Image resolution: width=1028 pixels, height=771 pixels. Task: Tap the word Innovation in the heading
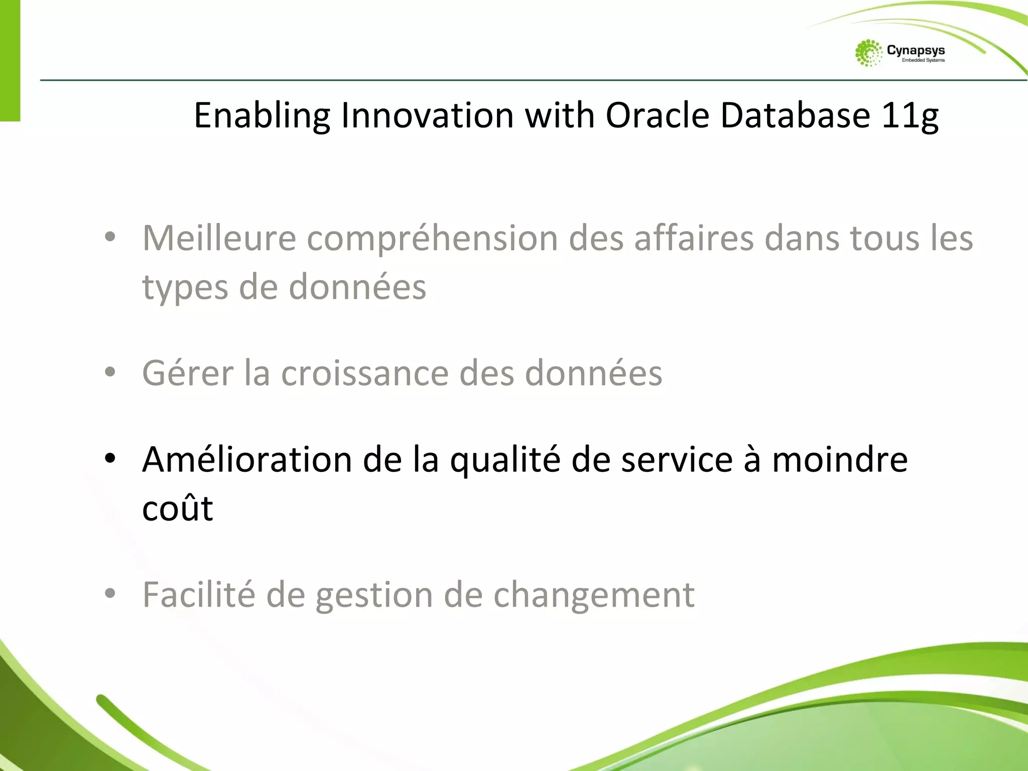tap(427, 115)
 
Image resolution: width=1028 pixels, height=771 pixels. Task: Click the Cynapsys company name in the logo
tap(916, 50)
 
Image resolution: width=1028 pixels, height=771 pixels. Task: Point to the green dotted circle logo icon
tap(868, 53)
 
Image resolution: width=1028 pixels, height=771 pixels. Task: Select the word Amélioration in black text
tap(247, 459)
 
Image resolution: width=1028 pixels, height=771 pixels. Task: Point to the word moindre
tap(840, 459)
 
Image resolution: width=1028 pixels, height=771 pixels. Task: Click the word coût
tap(177, 508)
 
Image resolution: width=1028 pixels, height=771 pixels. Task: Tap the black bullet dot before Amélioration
tap(110, 458)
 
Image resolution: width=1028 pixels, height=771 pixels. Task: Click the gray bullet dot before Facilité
tap(110, 593)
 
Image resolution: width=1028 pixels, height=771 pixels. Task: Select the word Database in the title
tap(795, 115)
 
